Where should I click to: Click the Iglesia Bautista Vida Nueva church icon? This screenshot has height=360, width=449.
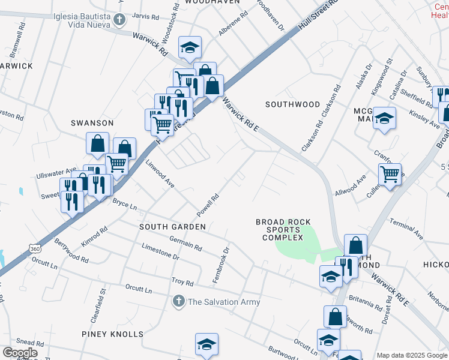click(119, 20)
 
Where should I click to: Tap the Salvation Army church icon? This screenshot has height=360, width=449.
click(178, 301)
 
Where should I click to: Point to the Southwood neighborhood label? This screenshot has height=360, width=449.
click(293, 104)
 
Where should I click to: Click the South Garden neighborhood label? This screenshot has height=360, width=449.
click(172, 227)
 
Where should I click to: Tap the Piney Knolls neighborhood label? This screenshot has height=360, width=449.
click(113, 334)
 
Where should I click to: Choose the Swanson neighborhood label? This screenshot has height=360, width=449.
click(92, 123)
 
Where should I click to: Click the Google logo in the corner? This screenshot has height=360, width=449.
click(20, 353)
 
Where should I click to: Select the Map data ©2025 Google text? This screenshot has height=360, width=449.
click(411, 355)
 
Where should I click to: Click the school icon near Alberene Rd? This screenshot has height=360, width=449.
click(190, 47)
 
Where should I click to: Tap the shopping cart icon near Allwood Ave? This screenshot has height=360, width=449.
click(390, 175)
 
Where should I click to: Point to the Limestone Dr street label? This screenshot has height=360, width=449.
click(160, 251)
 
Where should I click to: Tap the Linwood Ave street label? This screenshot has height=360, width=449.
click(160, 175)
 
